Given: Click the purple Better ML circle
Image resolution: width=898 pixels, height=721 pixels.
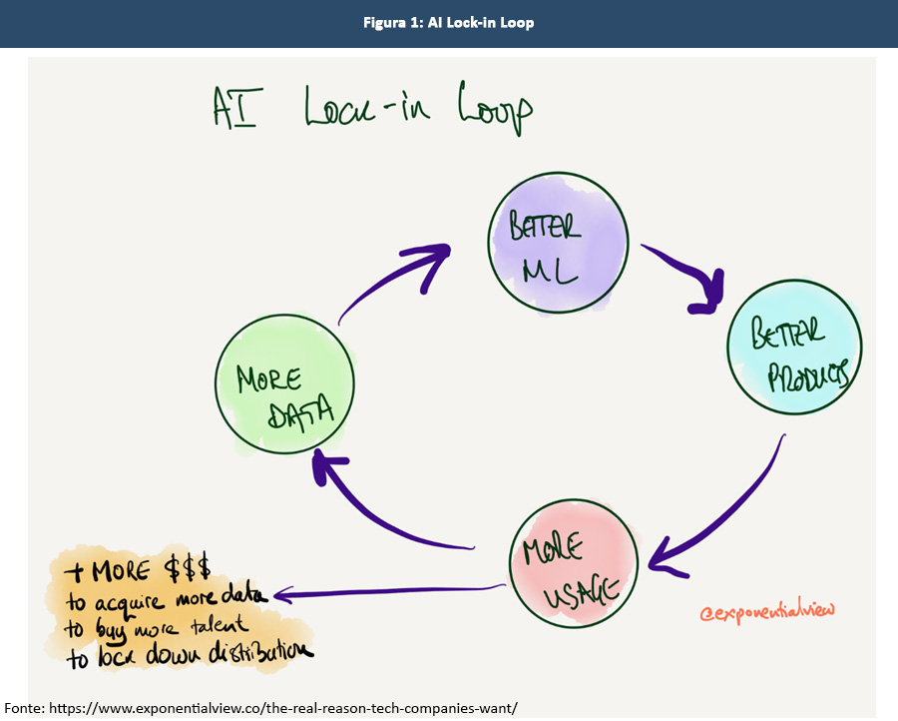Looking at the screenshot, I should click(558, 244).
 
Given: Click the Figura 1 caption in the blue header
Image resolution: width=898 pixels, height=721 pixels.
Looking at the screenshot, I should click(448, 22).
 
